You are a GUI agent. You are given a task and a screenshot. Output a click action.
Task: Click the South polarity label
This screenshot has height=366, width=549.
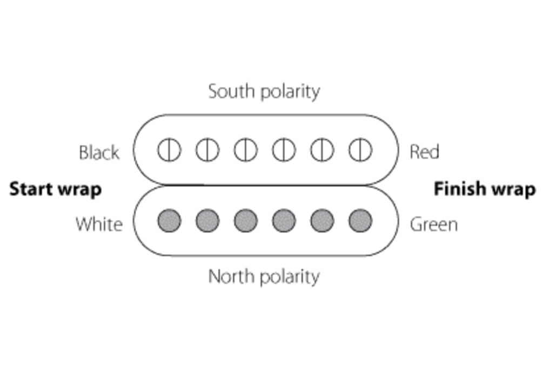(264, 91)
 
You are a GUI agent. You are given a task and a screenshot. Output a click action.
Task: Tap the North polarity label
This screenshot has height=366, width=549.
(264, 277)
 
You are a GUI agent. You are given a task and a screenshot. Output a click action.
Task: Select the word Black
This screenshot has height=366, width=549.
(99, 153)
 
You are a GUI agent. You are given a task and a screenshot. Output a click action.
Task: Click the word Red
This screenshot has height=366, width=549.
(424, 152)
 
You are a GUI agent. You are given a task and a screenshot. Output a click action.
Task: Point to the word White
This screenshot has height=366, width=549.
(99, 223)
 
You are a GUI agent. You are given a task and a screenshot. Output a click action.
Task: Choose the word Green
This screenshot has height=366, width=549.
(433, 224)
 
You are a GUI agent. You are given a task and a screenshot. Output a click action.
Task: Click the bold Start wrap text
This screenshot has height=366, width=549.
(56, 189)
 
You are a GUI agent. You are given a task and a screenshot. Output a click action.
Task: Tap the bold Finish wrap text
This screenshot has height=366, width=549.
(485, 189)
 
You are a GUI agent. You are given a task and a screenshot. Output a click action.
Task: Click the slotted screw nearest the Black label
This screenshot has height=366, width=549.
(169, 150)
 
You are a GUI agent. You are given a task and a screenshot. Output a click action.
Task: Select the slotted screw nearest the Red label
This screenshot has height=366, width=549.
(360, 150)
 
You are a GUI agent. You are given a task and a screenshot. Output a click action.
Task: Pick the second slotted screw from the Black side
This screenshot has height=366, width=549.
(207, 150)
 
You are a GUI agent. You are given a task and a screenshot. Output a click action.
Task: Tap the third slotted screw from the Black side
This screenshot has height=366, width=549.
(245, 150)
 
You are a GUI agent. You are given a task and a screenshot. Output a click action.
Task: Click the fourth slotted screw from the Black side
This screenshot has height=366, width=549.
(284, 150)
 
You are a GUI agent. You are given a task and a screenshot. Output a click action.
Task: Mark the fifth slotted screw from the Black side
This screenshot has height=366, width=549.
(322, 150)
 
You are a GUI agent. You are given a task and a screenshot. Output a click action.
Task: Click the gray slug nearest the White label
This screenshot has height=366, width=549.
(169, 221)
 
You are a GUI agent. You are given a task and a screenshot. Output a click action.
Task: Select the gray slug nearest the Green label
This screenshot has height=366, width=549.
(360, 221)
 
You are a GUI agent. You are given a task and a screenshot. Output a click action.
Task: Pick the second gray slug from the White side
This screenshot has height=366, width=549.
(207, 221)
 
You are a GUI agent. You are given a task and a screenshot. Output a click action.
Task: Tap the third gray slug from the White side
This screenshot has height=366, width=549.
(245, 221)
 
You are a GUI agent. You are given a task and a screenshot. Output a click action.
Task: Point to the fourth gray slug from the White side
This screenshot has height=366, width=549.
(284, 221)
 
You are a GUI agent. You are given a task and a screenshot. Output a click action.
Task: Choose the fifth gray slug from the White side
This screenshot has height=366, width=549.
(322, 221)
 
